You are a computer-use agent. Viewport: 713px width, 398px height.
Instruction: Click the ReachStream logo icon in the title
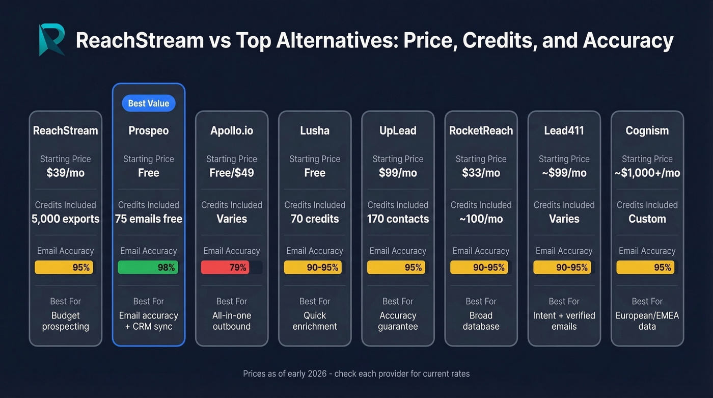coord(52,39)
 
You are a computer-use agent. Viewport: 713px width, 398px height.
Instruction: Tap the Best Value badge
coord(148,103)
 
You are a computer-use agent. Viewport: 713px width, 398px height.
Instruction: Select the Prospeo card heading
coord(148,130)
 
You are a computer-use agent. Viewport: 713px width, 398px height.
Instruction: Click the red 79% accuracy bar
coord(225,268)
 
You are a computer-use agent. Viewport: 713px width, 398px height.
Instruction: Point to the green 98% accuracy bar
coord(148,268)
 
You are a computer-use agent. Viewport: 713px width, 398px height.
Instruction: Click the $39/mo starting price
coord(65,173)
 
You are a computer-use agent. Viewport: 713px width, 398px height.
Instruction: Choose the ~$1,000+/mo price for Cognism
coord(647,173)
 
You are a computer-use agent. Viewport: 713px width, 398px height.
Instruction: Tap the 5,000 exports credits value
coord(65,219)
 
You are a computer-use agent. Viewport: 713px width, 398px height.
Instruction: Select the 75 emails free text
coord(148,219)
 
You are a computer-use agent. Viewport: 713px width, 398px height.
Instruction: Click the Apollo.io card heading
coord(232,130)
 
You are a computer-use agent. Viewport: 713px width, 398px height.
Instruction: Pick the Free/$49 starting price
coord(232,173)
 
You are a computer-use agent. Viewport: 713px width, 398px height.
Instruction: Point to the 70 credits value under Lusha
coord(315,219)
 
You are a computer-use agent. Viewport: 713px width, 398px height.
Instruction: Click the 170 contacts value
coord(398,219)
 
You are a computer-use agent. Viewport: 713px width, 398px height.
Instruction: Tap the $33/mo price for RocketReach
coord(481,173)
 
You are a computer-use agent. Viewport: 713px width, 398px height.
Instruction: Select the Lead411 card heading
coord(564,130)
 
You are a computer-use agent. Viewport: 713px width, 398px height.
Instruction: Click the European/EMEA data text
coord(647,321)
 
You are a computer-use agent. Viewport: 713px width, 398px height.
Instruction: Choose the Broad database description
coord(481,321)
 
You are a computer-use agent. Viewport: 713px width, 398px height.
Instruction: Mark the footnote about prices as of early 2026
coord(356,374)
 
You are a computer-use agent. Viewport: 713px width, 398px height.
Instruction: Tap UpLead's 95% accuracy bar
coord(395,268)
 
